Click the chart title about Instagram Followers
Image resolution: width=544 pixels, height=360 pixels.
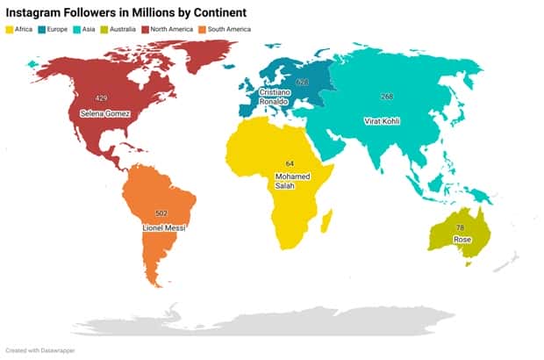126,12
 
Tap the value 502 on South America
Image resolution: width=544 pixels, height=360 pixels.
161,213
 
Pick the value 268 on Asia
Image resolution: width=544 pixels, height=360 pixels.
387,96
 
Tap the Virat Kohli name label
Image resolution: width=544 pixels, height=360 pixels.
382,121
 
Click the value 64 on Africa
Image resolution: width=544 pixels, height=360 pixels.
290,163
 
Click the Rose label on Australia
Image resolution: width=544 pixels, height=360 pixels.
460,238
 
